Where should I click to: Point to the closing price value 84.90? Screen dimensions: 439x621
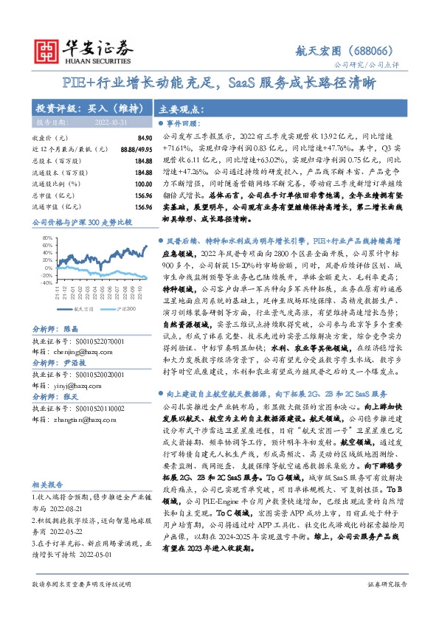coord(144,137)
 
